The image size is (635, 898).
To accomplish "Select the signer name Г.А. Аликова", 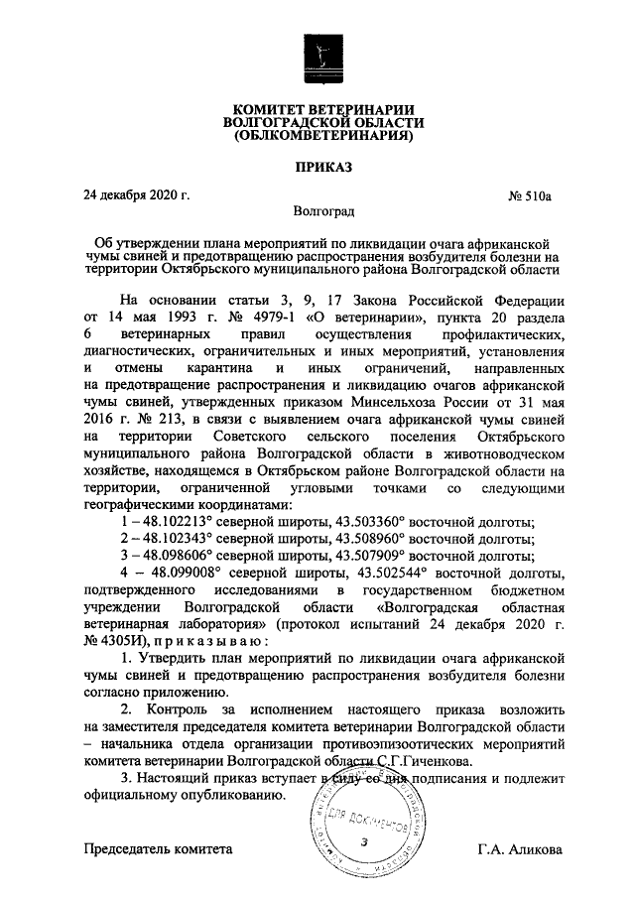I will coord(521,849).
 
